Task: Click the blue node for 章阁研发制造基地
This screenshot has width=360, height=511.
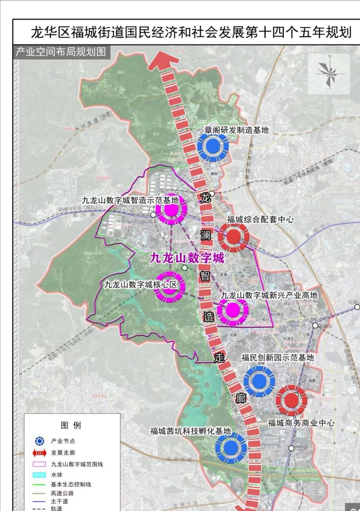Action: (213, 147)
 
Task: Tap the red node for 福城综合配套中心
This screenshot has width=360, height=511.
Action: (233, 237)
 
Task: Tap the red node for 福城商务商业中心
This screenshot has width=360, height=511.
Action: (291, 400)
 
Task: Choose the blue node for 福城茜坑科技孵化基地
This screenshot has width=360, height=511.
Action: (231, 448)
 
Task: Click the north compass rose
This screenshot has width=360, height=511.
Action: (329, 74)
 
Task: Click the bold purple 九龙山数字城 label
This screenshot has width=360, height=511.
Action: (187, 258)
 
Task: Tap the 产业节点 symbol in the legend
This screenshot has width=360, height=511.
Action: (40, 441)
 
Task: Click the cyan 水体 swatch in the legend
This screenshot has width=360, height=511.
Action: (39, 475)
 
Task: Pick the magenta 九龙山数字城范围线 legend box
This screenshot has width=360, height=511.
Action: (39, 464)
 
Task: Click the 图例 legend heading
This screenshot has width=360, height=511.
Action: (71, 425)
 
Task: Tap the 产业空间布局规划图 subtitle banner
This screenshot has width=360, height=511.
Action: (61, 52)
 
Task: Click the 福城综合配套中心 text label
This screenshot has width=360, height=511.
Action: (260, 219)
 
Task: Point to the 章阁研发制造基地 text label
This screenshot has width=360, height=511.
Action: (236, 130)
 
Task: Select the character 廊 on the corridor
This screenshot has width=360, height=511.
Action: (241, 398)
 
